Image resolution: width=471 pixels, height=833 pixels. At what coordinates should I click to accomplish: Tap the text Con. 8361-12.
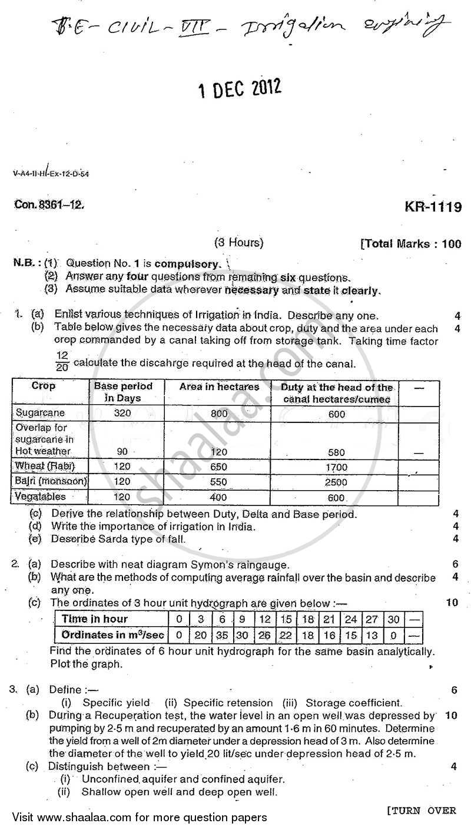49,205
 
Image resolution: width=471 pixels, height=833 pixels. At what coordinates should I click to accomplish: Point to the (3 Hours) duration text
238,242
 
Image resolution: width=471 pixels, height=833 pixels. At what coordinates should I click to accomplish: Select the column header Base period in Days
123,391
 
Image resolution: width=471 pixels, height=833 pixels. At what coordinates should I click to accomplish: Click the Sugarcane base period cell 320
122,414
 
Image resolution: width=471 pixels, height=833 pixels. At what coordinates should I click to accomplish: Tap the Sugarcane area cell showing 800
219,414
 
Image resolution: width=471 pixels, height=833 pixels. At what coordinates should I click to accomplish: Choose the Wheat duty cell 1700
336,467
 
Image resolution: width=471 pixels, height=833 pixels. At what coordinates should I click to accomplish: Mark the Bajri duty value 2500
336,482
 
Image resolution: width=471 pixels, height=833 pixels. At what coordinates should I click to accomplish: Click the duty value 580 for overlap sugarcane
336,452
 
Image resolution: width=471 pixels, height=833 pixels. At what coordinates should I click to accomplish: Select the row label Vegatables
41,497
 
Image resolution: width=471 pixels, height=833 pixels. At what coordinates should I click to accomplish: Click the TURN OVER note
421,811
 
